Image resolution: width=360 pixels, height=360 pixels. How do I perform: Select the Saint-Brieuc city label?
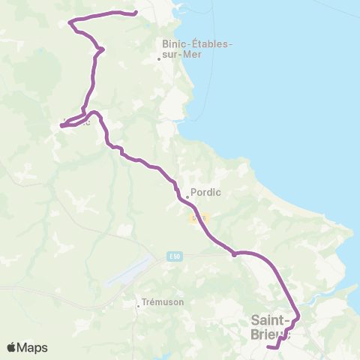pos(271,328)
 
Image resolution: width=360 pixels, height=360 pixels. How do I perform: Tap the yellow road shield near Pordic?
pos(199,218)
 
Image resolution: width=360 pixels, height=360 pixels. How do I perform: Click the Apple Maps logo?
pos(27,347)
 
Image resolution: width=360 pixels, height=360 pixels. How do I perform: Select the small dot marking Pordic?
pos(187,198)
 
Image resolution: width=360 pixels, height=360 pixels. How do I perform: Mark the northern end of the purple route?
pos(134,13)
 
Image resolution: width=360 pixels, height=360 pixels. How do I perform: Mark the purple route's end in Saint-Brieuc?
pos(268,346)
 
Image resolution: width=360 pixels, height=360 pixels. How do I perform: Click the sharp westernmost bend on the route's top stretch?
pos(70,22)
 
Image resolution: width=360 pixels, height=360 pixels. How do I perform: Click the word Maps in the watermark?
pos(33,347)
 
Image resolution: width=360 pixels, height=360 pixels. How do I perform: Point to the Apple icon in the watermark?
pos(11,347)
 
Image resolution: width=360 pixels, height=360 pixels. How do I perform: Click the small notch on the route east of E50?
pos(234,254)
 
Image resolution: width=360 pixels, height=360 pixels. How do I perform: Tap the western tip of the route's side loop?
pos(61,125)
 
